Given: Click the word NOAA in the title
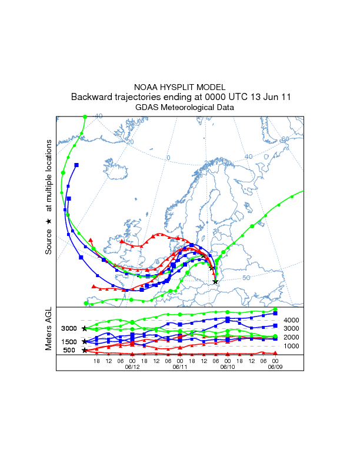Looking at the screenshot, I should click(x=146, y=87).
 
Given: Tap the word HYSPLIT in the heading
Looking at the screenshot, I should click(x=176, y=87).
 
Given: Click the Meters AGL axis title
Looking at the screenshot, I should click(x=49, y=330).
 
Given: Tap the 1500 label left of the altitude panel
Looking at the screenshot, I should click(x=69, y=342).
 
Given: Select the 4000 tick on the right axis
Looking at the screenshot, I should click(x=292, y=320).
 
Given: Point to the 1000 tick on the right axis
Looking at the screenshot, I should click(x=292, y=346).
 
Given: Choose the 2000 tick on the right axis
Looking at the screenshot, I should click(x=292, y=337).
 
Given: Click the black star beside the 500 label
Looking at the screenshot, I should click(x=85, y=351).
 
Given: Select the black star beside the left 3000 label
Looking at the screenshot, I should click(x=85, y=328).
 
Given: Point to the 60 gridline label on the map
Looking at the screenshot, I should click(x=285, y=139).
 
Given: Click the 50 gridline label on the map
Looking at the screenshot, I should click(x=263, y=277).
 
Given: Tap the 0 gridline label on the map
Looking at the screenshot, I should click(x=168, y=158).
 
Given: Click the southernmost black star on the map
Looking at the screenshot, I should click(x=215, y=282).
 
